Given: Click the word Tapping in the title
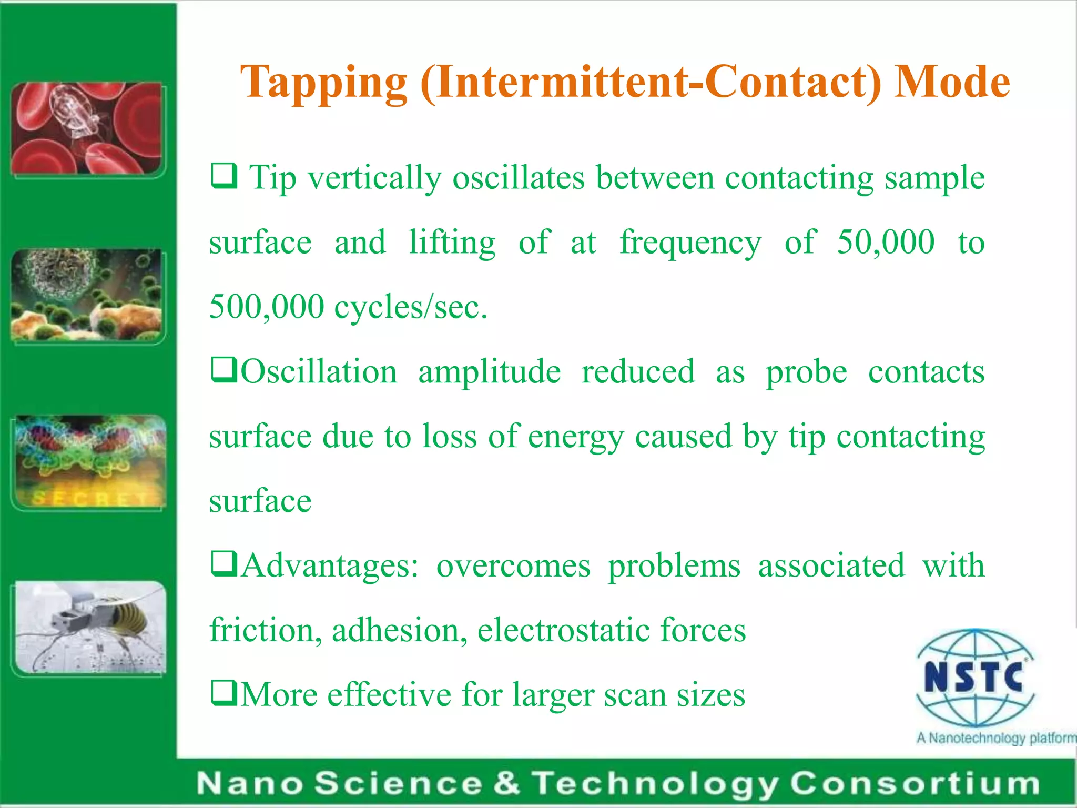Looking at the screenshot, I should click(323, 83).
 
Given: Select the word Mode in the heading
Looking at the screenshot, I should click(951, 82).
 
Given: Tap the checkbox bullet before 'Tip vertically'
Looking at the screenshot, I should click(223, 176).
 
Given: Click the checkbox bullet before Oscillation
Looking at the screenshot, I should click(223, 370).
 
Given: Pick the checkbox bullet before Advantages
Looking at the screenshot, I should click(223, 564).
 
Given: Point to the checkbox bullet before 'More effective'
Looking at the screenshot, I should click(223, 693).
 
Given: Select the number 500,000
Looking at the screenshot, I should click(267, 307).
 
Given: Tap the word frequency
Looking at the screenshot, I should click(690, 244).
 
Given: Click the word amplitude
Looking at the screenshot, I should click(489, 372).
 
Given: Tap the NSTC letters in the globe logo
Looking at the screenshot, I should click(973, 677).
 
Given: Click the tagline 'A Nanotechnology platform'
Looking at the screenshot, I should click(995, 738).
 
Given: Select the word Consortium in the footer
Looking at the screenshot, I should click(915, 784).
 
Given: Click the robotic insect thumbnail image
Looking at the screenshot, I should click(89, 627).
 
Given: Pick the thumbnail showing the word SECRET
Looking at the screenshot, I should click(89, 461).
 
